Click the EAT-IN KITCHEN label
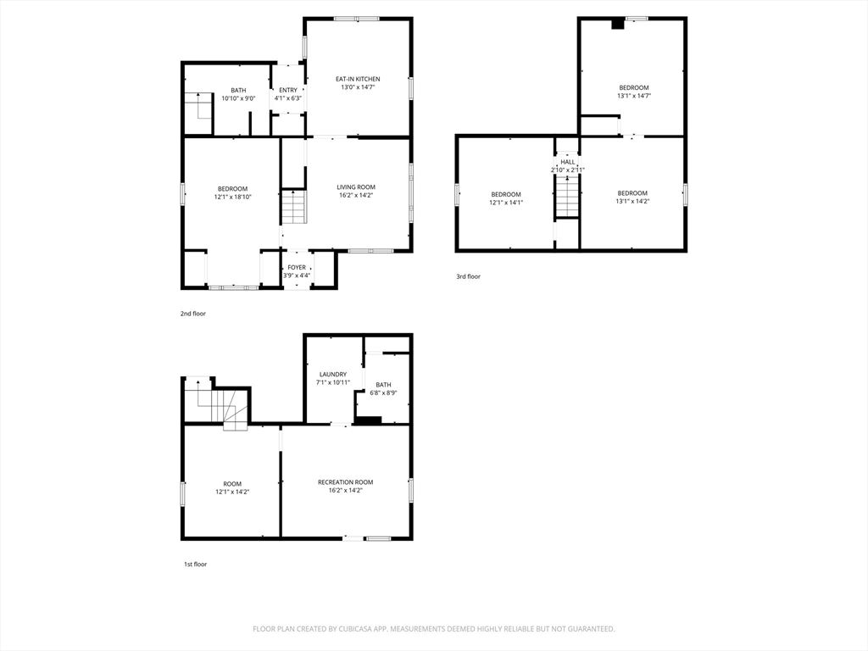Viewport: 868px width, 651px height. pos(358,79)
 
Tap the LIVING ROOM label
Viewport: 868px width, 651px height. pos(356,187)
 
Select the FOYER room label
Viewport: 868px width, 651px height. pos(297,267)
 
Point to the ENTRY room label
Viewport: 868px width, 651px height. pos(288,90)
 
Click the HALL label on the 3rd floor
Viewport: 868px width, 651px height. pos(567,162)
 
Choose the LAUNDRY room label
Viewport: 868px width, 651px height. pos(332,374)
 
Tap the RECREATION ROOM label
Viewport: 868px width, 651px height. pos(346,482)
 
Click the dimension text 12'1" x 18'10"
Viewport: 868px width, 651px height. pos(232,197)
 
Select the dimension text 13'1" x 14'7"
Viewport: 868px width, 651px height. pos(634,95)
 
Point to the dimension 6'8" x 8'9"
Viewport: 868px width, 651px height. pos(384,393)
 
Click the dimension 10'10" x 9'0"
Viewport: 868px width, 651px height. pos(238,98)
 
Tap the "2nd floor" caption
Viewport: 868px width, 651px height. pos(192,314)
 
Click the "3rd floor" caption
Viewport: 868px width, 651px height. pos(468,277)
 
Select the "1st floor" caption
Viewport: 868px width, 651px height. pos(196,565)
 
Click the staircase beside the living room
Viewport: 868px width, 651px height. pos(294,207)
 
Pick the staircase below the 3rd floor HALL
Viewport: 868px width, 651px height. pos(567,196)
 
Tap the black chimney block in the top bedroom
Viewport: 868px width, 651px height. pos(617,24)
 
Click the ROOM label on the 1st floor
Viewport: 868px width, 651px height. pos(232,484)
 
